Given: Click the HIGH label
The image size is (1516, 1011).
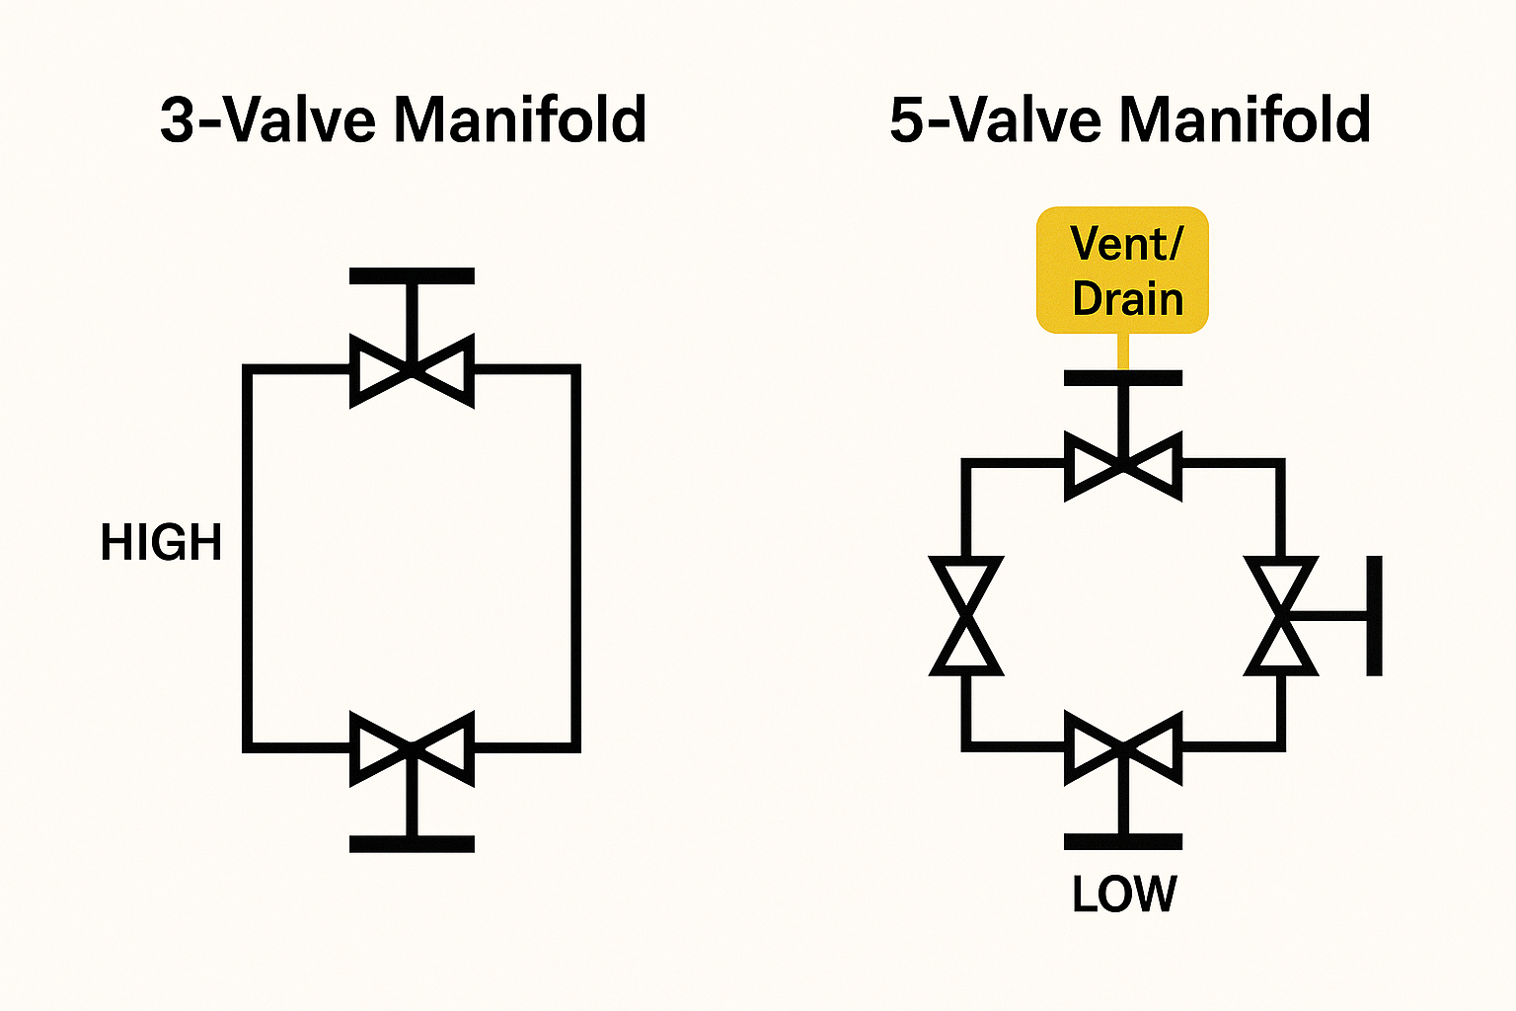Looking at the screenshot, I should point(161,543).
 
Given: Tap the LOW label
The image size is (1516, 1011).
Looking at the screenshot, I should point(1124,894).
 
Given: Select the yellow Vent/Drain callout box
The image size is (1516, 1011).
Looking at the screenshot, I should point(1122,270).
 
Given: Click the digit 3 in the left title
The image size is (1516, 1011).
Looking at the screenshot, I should point(180,120).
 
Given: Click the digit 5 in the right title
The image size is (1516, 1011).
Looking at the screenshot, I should point(909,120).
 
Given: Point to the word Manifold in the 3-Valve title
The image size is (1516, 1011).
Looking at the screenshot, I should point(520,120).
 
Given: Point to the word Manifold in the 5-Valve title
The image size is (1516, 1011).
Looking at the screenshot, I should point(1245,120).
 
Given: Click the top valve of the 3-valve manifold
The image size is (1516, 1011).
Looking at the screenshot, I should point(413,371).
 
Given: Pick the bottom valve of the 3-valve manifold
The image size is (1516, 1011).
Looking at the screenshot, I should point(413,748).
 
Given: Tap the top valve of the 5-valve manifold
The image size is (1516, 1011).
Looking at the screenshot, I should point(1123,464).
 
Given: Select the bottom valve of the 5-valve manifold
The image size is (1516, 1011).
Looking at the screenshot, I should point(1123,748).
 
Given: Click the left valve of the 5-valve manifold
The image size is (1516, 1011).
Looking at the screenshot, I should point(966,616).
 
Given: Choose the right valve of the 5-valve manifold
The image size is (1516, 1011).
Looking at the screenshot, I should point(1281,616).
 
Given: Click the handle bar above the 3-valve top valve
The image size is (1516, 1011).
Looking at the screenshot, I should point(413,276).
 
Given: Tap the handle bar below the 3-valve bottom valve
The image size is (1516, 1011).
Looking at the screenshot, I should point(413,844).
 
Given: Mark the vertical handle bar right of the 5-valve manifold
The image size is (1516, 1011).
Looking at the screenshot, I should point(1374,616).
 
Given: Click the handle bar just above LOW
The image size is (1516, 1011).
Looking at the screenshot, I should point(1123,842).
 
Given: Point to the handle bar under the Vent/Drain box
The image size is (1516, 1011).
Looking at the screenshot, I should point(1123,378).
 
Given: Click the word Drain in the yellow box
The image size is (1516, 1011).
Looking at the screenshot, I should point(1127,299).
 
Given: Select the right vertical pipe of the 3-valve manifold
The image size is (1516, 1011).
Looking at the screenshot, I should point(575,558).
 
